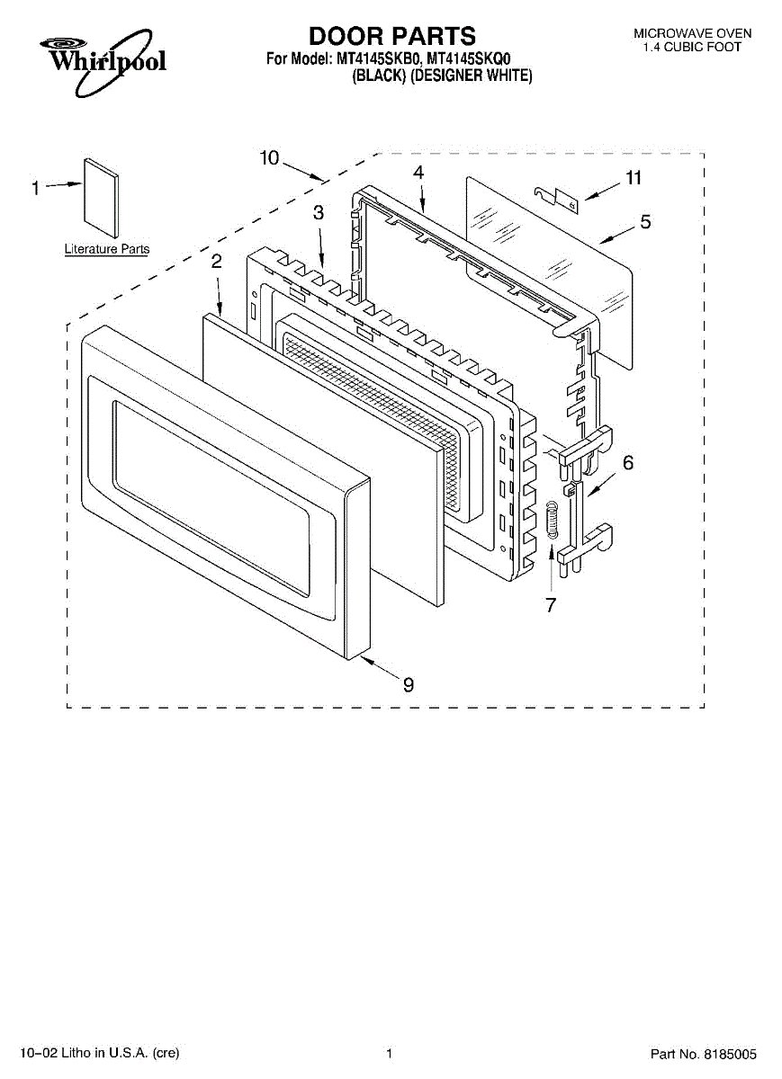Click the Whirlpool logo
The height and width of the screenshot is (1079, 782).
click(101, 60)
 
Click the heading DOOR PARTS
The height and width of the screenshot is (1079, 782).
click(392, 36)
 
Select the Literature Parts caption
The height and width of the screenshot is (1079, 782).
click(106, 249)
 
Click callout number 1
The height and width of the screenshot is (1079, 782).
click(36, 188)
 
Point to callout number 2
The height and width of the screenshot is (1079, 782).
click(216, 262)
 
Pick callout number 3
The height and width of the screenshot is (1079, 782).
click(319, 213)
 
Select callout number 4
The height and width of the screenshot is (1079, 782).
click(418, 172)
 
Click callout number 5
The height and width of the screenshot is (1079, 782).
click(645, 222)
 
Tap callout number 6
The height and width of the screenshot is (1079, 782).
click(627, 463)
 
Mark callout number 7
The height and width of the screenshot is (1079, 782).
click(551, 605)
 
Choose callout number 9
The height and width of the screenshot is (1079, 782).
click(409, 685)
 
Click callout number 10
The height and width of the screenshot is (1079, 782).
click(270, 158)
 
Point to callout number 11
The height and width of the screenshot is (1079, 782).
click(634, 178)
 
